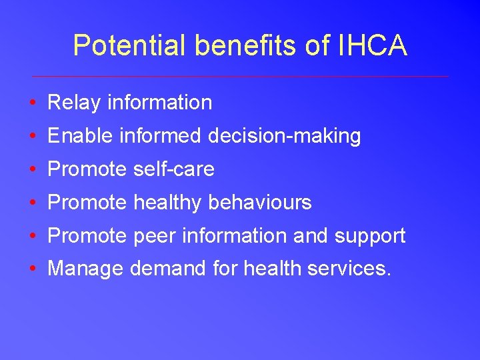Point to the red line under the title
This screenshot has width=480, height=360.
pyautogui.click(x=240, y=76)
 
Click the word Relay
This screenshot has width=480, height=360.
pyautogui.click(x=74, y=103)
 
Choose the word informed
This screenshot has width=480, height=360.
pyautogui.click(x=160, y=136)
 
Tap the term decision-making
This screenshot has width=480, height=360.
pyautogui.click(x=285, y=137)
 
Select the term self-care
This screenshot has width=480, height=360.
pyautogui.click(x=173, y=169)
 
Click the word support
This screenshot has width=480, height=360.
pyautogui.click(x=370, y=237)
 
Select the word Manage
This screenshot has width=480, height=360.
pyautogui.click(x=85, y=269)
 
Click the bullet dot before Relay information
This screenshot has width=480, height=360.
pyautogui.click(x=32, y=103)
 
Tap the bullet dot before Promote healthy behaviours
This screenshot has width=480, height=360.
pyautogui.click(x=32, y=203)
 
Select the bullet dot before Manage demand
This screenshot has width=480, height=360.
pyautogui.click(x=32, y=270)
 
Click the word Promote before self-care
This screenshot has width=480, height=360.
pyautogui.click(x=87, y=169)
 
